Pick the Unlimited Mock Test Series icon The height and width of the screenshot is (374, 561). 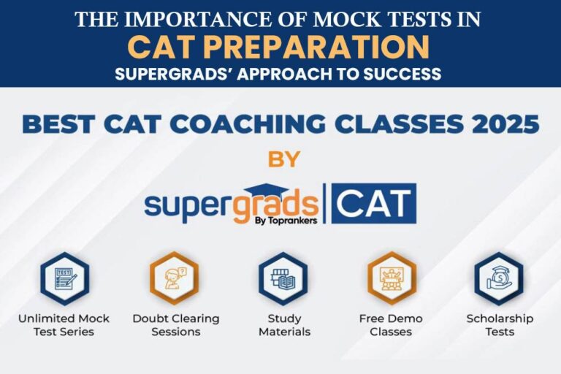click(64, 278)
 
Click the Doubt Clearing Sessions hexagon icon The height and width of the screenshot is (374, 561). click(174, 278)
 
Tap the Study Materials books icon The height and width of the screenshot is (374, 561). click(282, 278)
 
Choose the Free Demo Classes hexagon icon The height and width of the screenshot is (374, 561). click(391, 278)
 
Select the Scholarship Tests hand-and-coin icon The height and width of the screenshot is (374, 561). click(499, 278)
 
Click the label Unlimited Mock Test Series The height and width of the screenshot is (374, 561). click(64, 325)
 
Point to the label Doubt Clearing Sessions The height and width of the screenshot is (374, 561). click(175, 325)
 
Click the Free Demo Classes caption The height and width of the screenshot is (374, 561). click(391, 325)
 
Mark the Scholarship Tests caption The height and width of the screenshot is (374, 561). click(500, 325)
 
